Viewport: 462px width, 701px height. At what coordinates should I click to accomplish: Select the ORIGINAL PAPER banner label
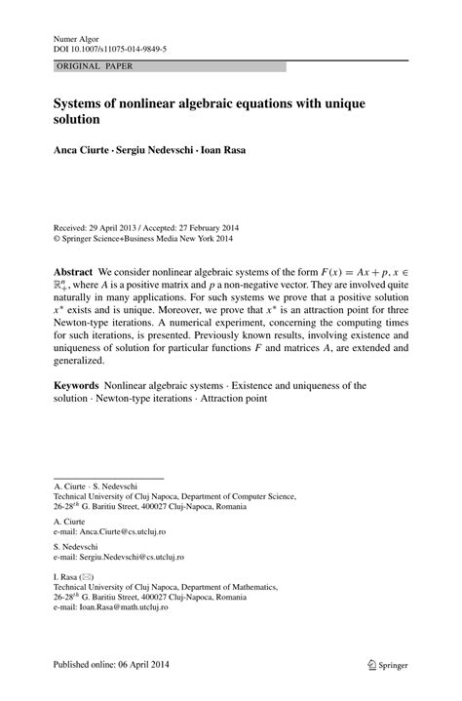coord(95,66)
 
